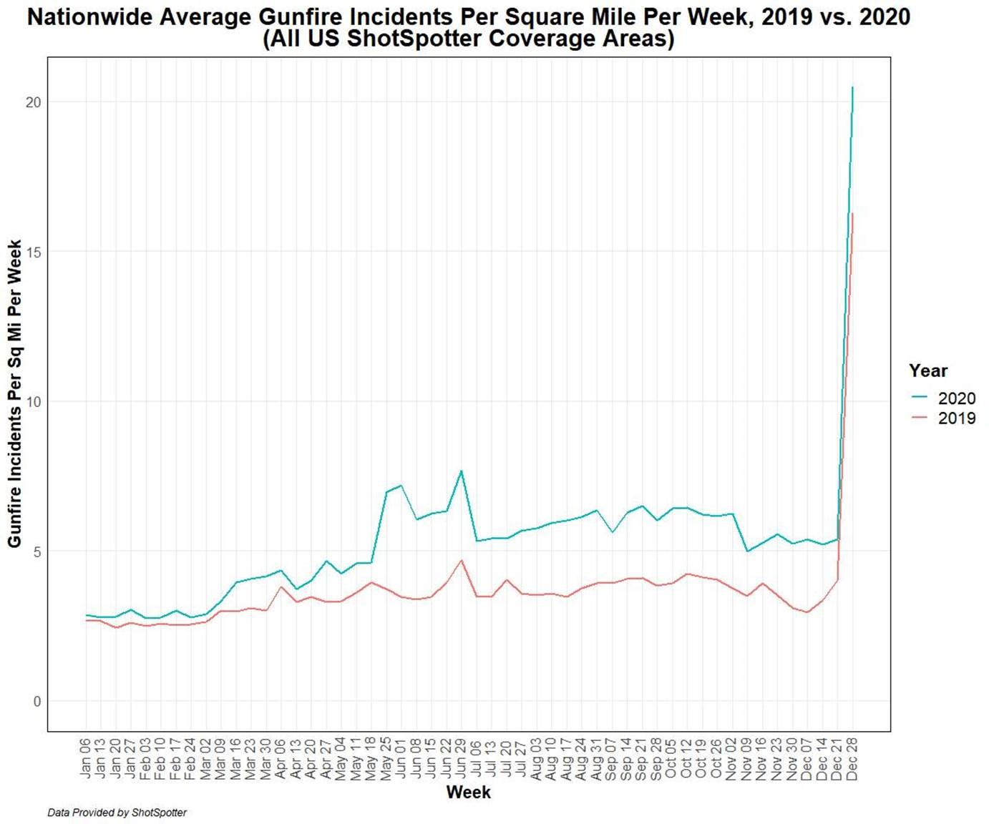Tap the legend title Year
[x=928, y=371]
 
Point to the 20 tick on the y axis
[x=33, y=102]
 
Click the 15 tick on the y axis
[x=33, y=252]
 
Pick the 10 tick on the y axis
[x=33, y=401]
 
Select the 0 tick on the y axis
[x=36, y=701]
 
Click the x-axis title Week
[x=468, y=792]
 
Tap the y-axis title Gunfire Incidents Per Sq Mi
[x=14, y=393]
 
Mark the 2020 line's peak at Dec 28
[x=852, y=88]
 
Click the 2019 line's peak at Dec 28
[x=852, y=213]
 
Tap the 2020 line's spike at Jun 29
[x=462, y=471]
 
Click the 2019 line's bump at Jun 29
[x=462, y=560]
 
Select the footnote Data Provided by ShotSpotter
[x=117, y=813]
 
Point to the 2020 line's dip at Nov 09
[x=747, y=551]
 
